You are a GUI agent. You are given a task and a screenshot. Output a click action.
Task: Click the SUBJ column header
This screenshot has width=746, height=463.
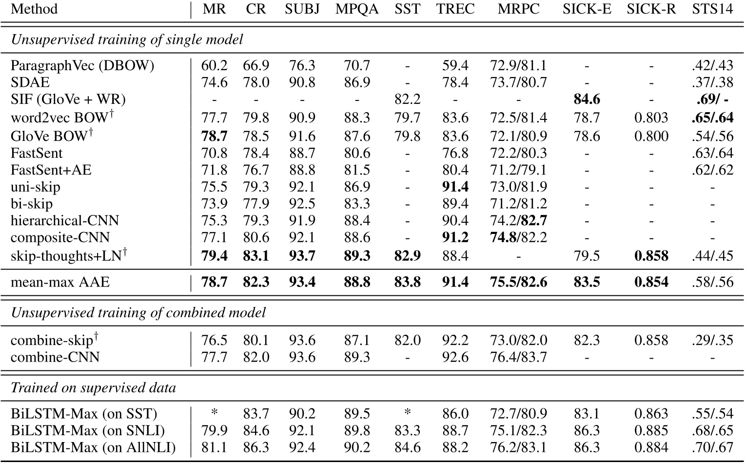tap(302, 9)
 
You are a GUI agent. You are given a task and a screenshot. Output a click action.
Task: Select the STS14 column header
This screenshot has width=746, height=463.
tap(712, 9)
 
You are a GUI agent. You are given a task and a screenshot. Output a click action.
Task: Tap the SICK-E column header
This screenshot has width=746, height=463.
tap(587, 9)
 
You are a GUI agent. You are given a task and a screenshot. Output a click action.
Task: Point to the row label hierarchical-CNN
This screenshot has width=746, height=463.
tap(65, 221)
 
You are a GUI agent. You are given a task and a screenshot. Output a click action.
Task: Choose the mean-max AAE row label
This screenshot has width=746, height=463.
tap(60, 282)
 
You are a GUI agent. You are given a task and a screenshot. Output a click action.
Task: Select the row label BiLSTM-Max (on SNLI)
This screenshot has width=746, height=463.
tap(88, 431)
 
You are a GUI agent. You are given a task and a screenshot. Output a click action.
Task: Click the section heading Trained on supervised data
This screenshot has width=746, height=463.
tap(93, 388)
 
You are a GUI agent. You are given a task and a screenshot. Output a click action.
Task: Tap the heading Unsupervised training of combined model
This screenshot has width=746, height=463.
tap(138, 312)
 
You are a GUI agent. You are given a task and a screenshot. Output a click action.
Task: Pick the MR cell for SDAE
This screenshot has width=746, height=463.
tap(214, 82)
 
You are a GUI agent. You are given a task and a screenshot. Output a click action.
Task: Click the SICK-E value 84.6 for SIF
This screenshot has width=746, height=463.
tap(587, 99)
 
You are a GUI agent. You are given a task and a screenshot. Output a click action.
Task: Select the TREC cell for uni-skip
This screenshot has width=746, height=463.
tap(455, 187)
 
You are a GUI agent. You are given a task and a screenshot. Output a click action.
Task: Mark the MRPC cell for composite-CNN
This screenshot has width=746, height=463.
tap(518, 238)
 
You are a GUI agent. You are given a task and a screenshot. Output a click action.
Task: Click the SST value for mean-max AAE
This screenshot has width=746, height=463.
tap(407, 282)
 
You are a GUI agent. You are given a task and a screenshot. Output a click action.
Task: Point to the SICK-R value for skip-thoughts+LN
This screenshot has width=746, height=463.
tap(651, 255)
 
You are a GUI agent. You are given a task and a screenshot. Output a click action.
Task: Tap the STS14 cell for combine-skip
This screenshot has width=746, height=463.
tap(712, 340)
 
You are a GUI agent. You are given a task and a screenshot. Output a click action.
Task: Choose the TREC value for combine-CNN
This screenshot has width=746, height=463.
tap(455, 357)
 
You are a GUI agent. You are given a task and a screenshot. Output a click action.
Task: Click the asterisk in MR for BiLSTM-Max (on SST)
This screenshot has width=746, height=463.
tap(214, 413)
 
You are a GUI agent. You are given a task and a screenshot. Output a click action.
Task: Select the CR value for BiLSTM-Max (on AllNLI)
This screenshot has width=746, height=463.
tap(256, 448)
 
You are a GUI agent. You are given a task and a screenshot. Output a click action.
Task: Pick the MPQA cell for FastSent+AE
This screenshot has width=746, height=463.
tap(356, 170)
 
